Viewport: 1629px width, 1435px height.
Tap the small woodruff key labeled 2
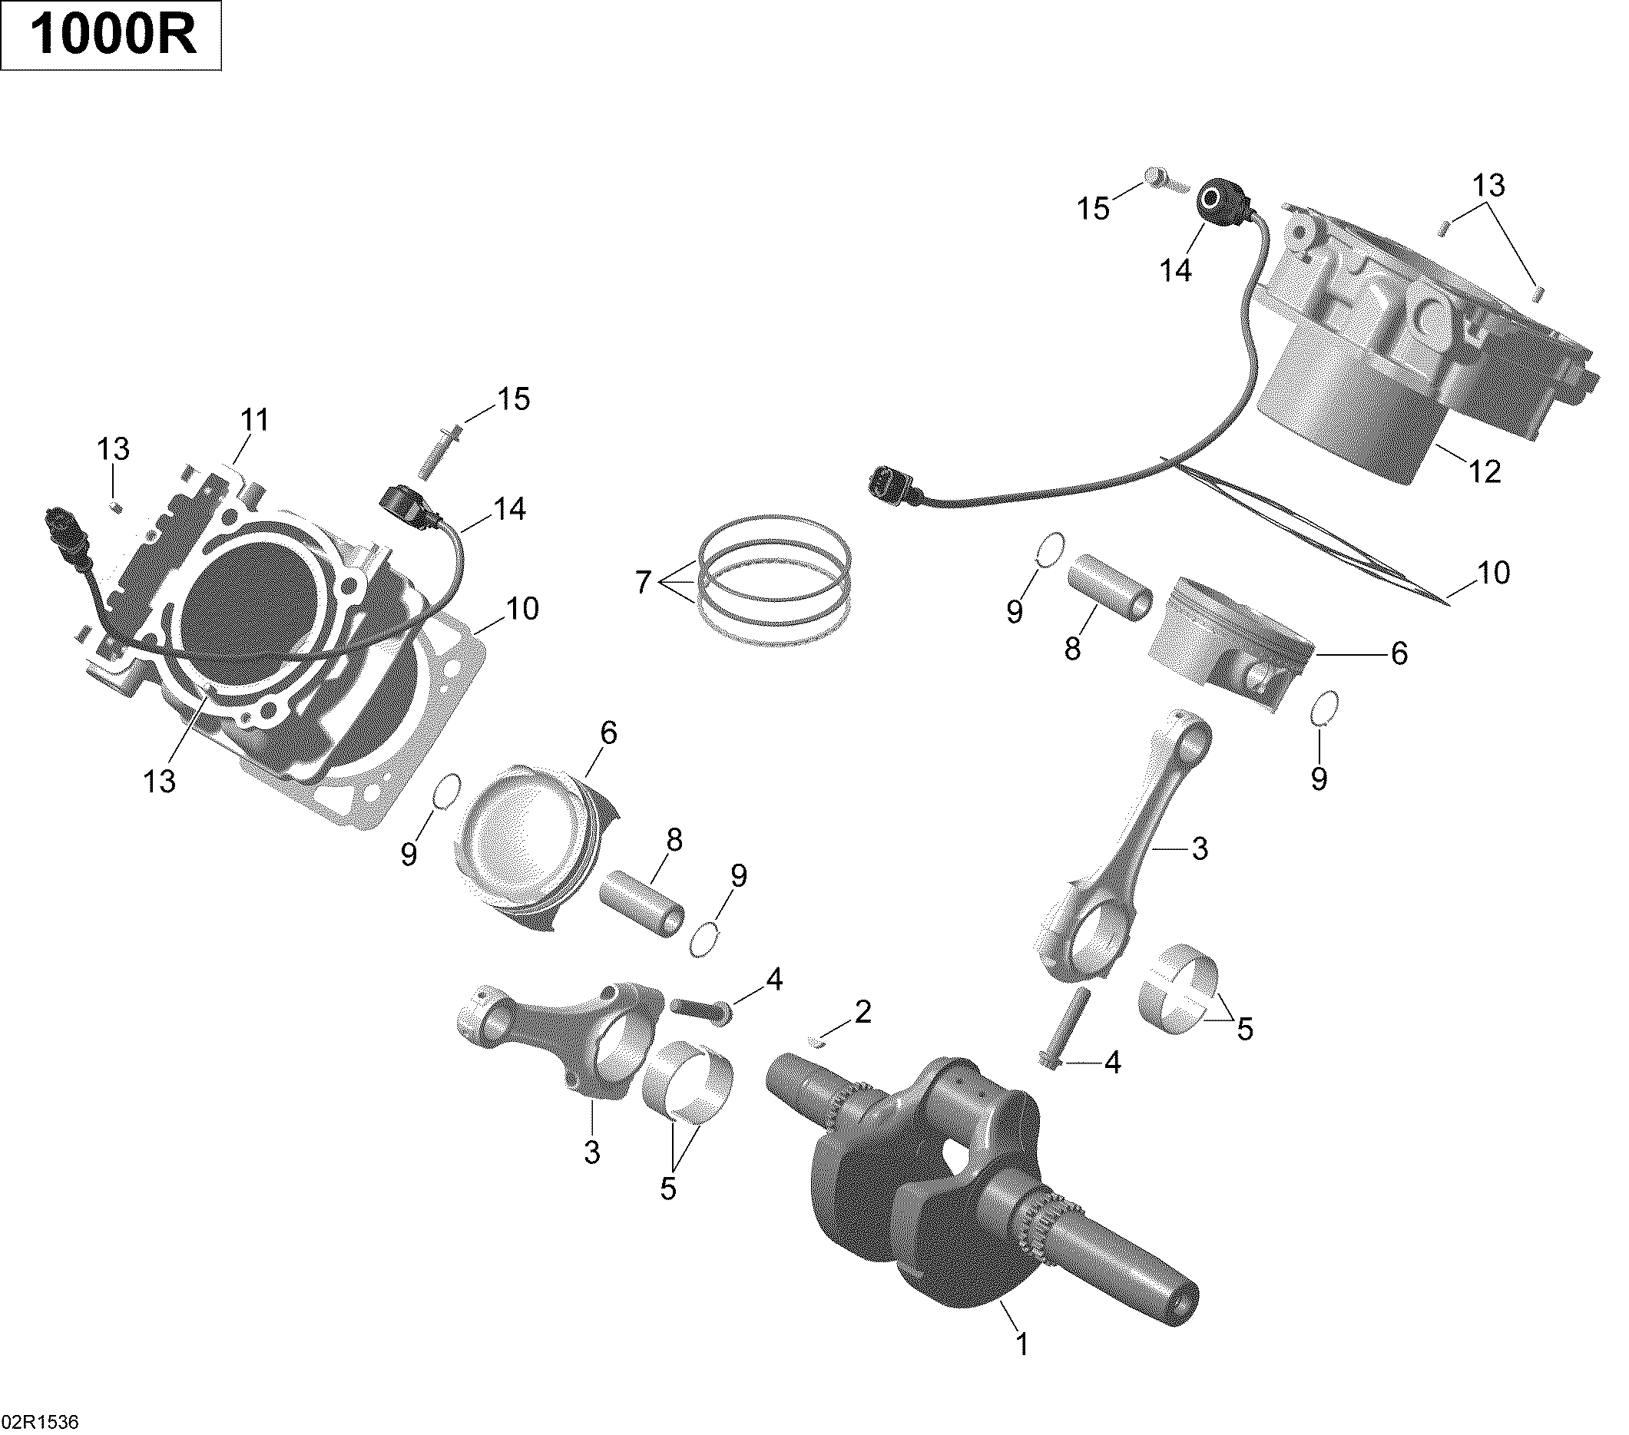(813, 1039)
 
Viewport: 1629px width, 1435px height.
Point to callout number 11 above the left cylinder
(255, 420)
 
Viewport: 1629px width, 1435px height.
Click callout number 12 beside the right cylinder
(1484, 471)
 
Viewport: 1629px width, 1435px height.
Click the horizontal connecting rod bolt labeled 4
(702, 1009)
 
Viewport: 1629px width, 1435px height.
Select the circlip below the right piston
(1325, 709)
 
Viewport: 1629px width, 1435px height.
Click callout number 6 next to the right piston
(1399, 654)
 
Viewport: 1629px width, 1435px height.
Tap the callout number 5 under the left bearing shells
(668, 1188)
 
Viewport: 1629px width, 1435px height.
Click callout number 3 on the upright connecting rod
(1200, 848)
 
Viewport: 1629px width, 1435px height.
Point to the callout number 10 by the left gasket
(523, 609)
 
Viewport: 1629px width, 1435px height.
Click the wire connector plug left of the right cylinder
(891, 486)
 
